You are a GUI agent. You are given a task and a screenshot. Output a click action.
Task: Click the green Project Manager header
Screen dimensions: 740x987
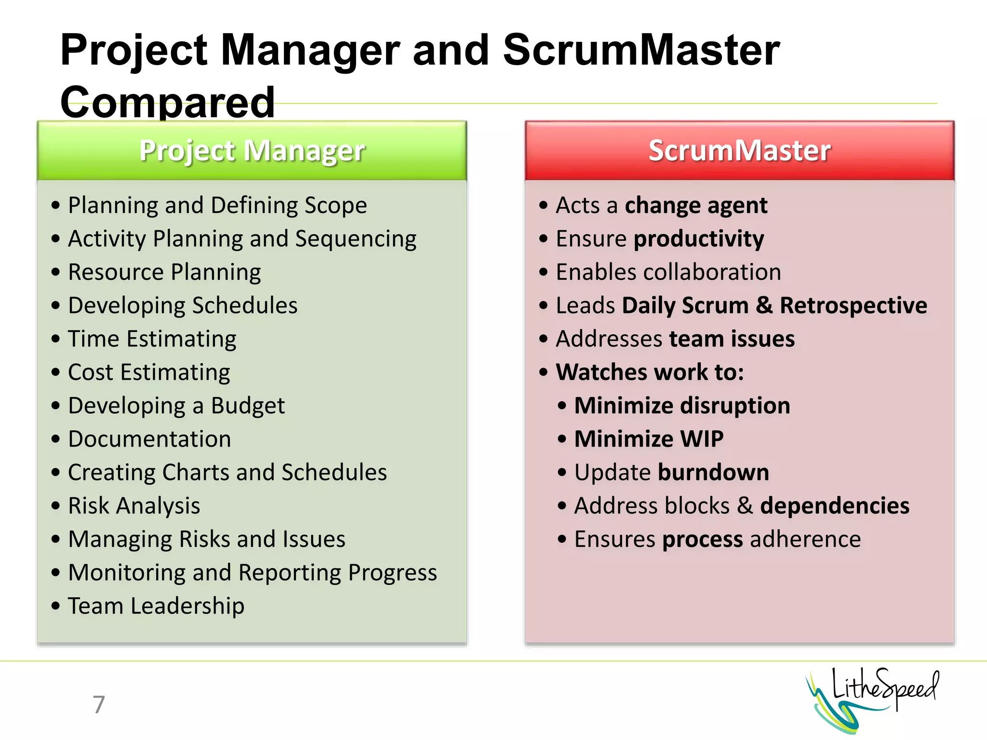252,151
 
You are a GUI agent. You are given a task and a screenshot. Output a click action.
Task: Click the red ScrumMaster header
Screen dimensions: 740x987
739,151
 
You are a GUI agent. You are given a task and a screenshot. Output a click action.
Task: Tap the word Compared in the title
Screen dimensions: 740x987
167,102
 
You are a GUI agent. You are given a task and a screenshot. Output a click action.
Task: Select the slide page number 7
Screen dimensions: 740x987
99,704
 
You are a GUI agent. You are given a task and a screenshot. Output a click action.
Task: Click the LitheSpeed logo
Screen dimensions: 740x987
872,699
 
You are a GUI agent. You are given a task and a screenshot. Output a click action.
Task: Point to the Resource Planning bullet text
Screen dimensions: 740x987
164,272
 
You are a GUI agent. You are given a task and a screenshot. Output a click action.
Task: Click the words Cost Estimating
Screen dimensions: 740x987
149,372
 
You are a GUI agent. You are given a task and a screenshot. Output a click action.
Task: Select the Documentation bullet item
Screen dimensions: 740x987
149,439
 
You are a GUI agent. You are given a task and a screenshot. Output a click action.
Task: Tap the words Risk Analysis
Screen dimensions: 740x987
134,506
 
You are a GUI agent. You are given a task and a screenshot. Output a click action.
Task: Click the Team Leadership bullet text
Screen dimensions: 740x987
156,606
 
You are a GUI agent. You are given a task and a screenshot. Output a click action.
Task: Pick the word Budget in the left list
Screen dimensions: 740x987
248,406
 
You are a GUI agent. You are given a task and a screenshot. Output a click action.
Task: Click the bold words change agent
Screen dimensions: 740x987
696,206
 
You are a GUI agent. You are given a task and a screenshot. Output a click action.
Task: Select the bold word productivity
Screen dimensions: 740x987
699,239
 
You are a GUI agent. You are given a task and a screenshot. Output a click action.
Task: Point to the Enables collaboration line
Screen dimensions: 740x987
668,272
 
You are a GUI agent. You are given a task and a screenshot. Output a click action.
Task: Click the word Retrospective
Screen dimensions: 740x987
854,305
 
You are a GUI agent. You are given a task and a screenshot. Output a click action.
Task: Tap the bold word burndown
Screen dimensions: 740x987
713,473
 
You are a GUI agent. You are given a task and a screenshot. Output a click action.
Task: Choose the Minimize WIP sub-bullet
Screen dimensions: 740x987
649,439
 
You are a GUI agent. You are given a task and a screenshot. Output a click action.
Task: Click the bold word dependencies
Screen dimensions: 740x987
835,506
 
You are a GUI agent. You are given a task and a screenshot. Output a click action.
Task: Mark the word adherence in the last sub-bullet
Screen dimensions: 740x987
805,539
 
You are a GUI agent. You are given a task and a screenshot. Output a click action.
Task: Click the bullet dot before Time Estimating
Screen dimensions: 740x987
56,339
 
